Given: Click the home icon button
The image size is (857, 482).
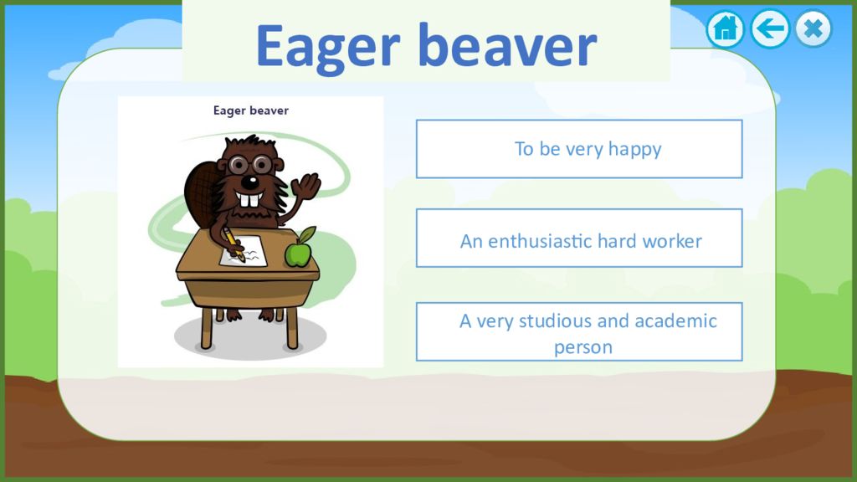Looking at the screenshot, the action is tap(726, 28).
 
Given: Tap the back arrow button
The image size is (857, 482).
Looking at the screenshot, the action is tap(770, 28).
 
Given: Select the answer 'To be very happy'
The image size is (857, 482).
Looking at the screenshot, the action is tap(579, 149).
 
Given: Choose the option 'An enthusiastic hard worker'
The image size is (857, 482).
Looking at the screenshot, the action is tap(579, 238).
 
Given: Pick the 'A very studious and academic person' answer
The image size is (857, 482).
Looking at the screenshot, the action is tap(579, 331).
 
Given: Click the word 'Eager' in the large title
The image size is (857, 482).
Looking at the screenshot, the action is tap(328, 48).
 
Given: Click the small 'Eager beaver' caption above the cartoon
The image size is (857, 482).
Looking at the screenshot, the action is tap(251, 111).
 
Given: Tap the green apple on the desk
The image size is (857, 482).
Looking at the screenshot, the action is tap(298, 254).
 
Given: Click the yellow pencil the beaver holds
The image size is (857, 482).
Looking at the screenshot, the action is tap(234, 244).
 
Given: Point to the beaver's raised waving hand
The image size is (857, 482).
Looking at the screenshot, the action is tap(306, 185).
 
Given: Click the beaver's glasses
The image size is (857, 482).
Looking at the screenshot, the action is tap(251, 164).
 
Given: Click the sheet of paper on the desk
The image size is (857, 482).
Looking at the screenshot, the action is tap(244, 252).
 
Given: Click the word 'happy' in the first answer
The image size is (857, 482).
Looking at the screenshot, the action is tap(634, 149).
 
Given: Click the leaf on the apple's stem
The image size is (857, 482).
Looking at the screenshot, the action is tap(307, 234).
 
